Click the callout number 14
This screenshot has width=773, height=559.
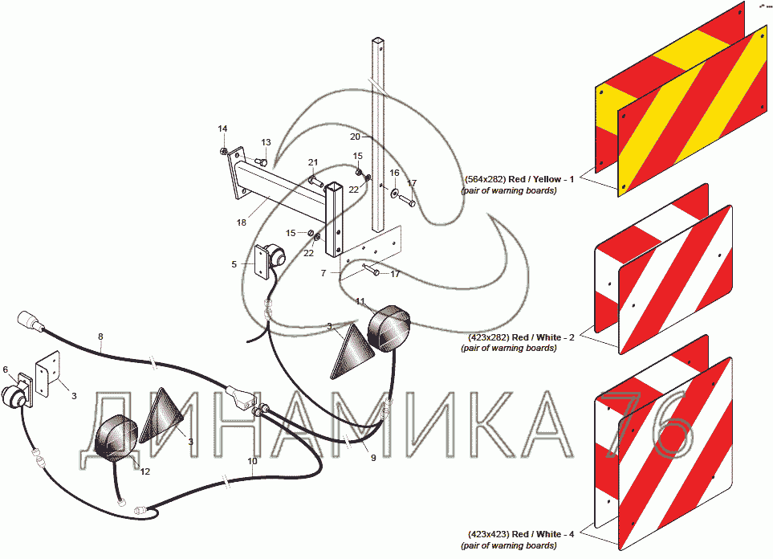223,129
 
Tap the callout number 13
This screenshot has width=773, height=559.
266,142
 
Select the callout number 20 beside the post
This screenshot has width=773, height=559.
356,137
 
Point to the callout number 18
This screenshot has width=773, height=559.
241,222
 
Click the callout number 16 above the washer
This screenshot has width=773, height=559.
394,173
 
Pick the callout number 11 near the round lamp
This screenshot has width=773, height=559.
360,301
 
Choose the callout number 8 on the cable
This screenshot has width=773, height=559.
100,337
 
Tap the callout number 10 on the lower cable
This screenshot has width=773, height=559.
252,461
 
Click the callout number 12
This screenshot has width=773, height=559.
145,471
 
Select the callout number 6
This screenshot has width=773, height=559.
6,369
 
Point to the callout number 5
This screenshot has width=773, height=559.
234,264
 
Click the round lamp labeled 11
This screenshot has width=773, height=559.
389,329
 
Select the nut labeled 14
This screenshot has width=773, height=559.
223,150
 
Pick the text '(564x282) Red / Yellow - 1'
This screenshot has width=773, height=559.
519,179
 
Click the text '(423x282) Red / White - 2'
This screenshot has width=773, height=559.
521,337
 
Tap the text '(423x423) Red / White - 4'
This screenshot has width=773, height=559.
521,534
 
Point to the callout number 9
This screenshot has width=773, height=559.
373,458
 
